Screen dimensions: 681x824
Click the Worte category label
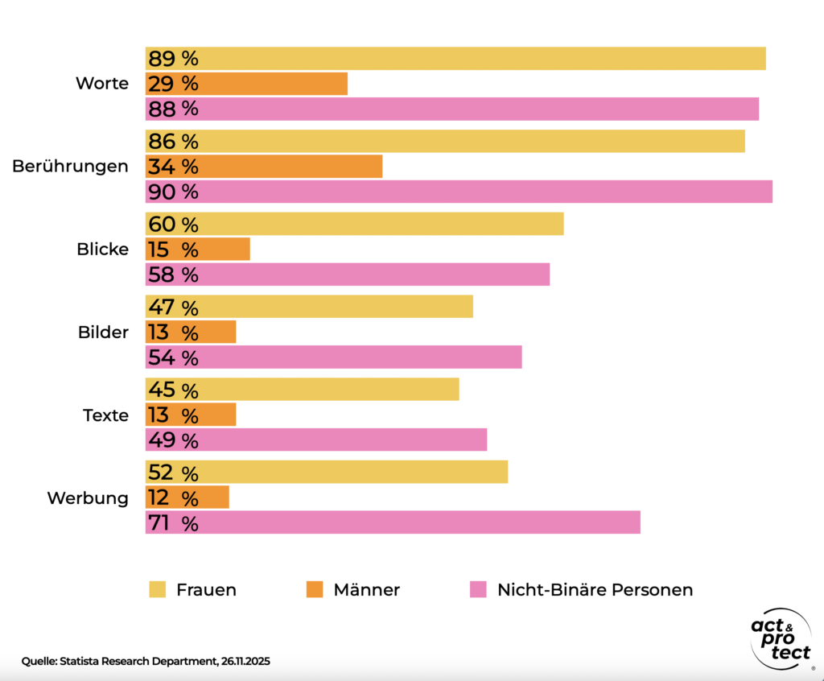pyautogui.click(x=101, y=84)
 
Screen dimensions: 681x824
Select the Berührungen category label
pyautogui.click(x=70, y=167)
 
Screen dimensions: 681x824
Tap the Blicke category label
pyautogui.click(x=102, y=250)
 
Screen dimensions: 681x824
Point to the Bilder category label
pyautogui.click(x=103, y=332)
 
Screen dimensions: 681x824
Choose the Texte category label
pyautogui.click(x=105, y=415)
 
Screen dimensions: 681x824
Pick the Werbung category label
pyautogui.click(x=88, y=498)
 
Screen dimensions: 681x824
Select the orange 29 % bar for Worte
pyautogui.click(x=246, y=84)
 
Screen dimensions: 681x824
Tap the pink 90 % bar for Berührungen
pyautogui.click(x=459, y=192)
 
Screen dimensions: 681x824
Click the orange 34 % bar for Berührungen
pyautogui.click(x=263, y=167)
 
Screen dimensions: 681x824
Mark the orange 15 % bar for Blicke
pyautogui.click(x=197, y=250)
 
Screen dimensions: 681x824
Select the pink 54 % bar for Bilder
pyautogui.click(x=333, y=357)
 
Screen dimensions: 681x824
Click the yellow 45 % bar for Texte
pyautogui.click(x=302, y=390)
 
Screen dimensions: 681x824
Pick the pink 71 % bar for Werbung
pyautogui.click(x=393, y=523)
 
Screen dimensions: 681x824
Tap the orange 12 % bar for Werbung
pyautogui.click(x=187, y=498)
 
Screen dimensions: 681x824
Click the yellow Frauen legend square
pyautogui.click(x=157, y=590)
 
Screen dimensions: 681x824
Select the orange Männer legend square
pyautogui.click(x=315, y=590)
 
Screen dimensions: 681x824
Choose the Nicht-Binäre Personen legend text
pyautogui.click(x=595, y=590)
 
